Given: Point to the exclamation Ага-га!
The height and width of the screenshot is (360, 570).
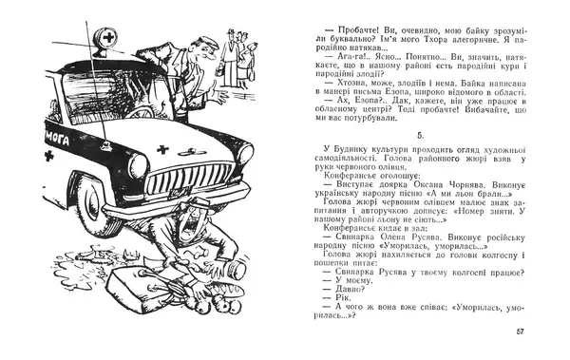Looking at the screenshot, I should tap(345, 55).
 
